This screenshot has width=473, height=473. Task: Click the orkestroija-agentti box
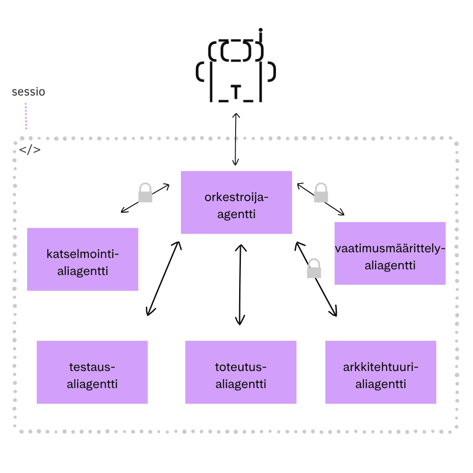click(x=236, y=202)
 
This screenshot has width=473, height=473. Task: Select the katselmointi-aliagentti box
click(x=83, y=259)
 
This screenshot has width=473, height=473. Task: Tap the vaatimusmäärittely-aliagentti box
click(x=390, y=254)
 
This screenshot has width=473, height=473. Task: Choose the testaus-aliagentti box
click(x=92, y=372)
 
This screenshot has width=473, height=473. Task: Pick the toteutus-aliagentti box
click(x=241, y=372)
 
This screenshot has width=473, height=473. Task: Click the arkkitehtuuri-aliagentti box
click(x=381, y=372)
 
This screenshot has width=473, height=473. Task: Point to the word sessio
click(x=28, y=92)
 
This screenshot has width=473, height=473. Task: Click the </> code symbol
click(x=30, y=150)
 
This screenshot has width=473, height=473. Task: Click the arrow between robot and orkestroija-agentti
click(x=236, y=139)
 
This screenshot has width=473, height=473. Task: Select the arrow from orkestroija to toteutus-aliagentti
click(x=240, y=285)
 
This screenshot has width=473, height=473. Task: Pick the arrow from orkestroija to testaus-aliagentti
click(x=163, y=279)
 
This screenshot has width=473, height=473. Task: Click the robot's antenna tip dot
click(x=261, y=30)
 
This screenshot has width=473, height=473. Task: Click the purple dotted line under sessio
click(x=26, y=116)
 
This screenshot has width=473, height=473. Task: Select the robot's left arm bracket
click(x=200, y=72)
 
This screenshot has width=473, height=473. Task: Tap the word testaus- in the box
click(x=92, y=367)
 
